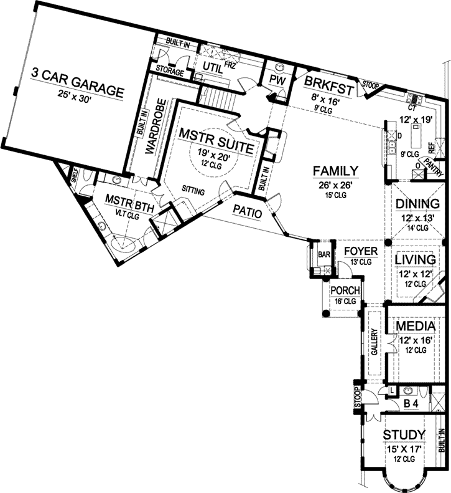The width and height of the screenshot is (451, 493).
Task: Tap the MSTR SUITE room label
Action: [215, 132]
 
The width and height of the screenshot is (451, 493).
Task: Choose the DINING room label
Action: [417, 204]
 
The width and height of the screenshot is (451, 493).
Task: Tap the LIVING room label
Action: [417, 258]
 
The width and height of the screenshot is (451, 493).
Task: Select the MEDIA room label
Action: [416, 327]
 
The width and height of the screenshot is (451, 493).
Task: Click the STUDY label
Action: [404, 434]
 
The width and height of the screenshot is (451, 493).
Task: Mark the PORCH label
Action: [343, 290]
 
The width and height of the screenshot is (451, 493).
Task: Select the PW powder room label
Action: [276, 80]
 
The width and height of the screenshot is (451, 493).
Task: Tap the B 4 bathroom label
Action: [411, 404]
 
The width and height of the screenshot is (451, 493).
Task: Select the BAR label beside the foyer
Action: [323, 255]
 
